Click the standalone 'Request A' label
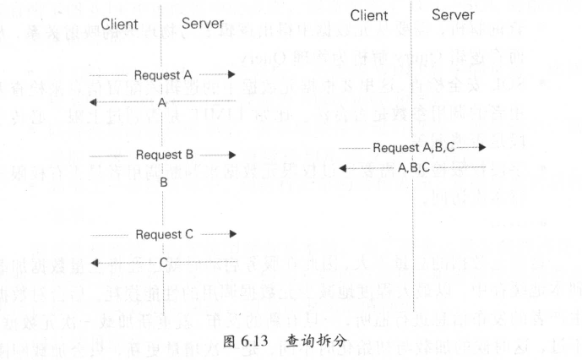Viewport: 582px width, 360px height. tap(162, 74)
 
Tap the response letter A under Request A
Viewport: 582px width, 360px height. tap(161, 101)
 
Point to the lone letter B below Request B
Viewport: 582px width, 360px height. tap(163, 182)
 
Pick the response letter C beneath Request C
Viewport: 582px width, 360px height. tap(163, 264)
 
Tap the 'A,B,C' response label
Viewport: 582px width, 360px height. tap(413, 168)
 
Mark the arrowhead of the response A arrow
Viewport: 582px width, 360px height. tap(94, 102)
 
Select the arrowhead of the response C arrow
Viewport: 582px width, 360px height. tap(94, 264)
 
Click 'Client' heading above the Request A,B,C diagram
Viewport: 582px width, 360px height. tap(369, 15)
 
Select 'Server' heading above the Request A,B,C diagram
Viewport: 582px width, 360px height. tap(453, 15)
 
